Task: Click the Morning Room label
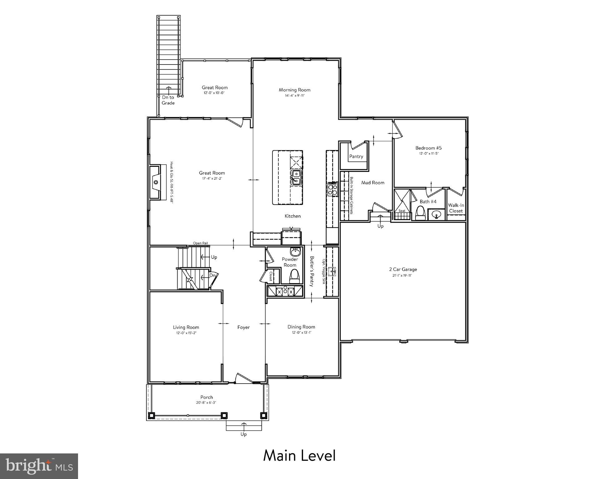[x=294, y=90]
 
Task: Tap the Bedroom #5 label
[x=428, y=148]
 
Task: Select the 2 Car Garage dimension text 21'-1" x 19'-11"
[x=403, y=276]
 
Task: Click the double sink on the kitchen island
[x=296, y=178]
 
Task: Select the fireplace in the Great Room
[x=156, y=182]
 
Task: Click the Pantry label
[x=356, y=157]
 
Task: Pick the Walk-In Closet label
[x=456, y=208]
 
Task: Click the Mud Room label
[x=373, y=182]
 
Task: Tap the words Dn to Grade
[x=168, y=100]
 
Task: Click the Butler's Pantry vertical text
[x=312, y=271]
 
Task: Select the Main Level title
[x=299, y=456]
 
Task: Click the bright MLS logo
[x=39, y=466]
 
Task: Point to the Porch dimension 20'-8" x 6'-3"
[x=206, y=403]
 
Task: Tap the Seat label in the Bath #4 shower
[x=402, y=211]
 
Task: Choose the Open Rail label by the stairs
[x=200, y=243]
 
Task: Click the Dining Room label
[x=301, y=327]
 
